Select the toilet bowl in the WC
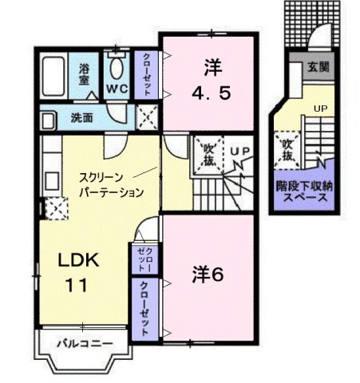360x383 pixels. click(117, 65)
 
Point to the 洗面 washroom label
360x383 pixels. click(81, 117)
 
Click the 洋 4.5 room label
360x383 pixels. click(211, 80)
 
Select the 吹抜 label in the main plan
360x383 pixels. click(208, 153)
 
